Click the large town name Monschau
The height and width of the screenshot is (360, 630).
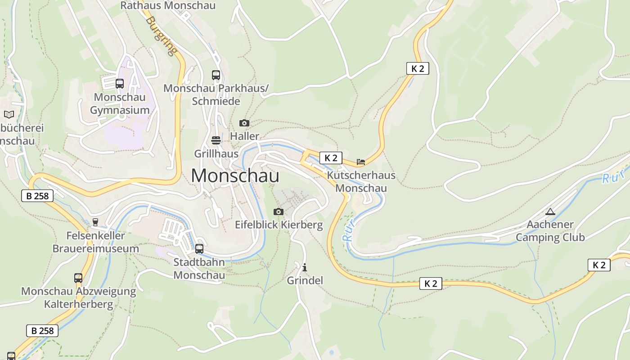(235, 175)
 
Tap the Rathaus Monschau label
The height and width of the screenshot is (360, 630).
(168, 6)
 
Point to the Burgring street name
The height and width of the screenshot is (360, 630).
(161, 36)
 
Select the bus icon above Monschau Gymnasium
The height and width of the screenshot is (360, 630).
(120, 83)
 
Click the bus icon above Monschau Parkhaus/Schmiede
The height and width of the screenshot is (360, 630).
(216, 75)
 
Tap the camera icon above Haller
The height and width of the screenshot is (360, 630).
(244, 123)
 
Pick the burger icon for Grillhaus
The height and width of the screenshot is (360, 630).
(216, 140)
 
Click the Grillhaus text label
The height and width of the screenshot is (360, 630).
(216, 153)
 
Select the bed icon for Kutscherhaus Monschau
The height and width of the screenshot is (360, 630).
(361, 162)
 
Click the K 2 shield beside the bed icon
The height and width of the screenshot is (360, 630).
(331, 158)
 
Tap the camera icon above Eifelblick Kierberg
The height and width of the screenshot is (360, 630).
(279, 211)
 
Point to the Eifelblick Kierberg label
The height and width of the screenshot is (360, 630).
(279, 225)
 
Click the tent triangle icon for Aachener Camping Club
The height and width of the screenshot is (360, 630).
(550, 211)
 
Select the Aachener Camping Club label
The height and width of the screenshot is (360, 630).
(550, 230)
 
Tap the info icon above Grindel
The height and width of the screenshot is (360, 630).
(305, 267)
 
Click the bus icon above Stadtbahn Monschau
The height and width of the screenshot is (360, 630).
(199, 248)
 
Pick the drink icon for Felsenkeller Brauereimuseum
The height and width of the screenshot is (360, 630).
(95, 222)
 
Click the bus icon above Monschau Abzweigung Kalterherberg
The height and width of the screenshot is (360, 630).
(78, 278)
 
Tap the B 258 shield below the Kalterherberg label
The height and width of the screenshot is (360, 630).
(42, 331)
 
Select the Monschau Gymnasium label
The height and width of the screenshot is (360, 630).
(120, 103)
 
